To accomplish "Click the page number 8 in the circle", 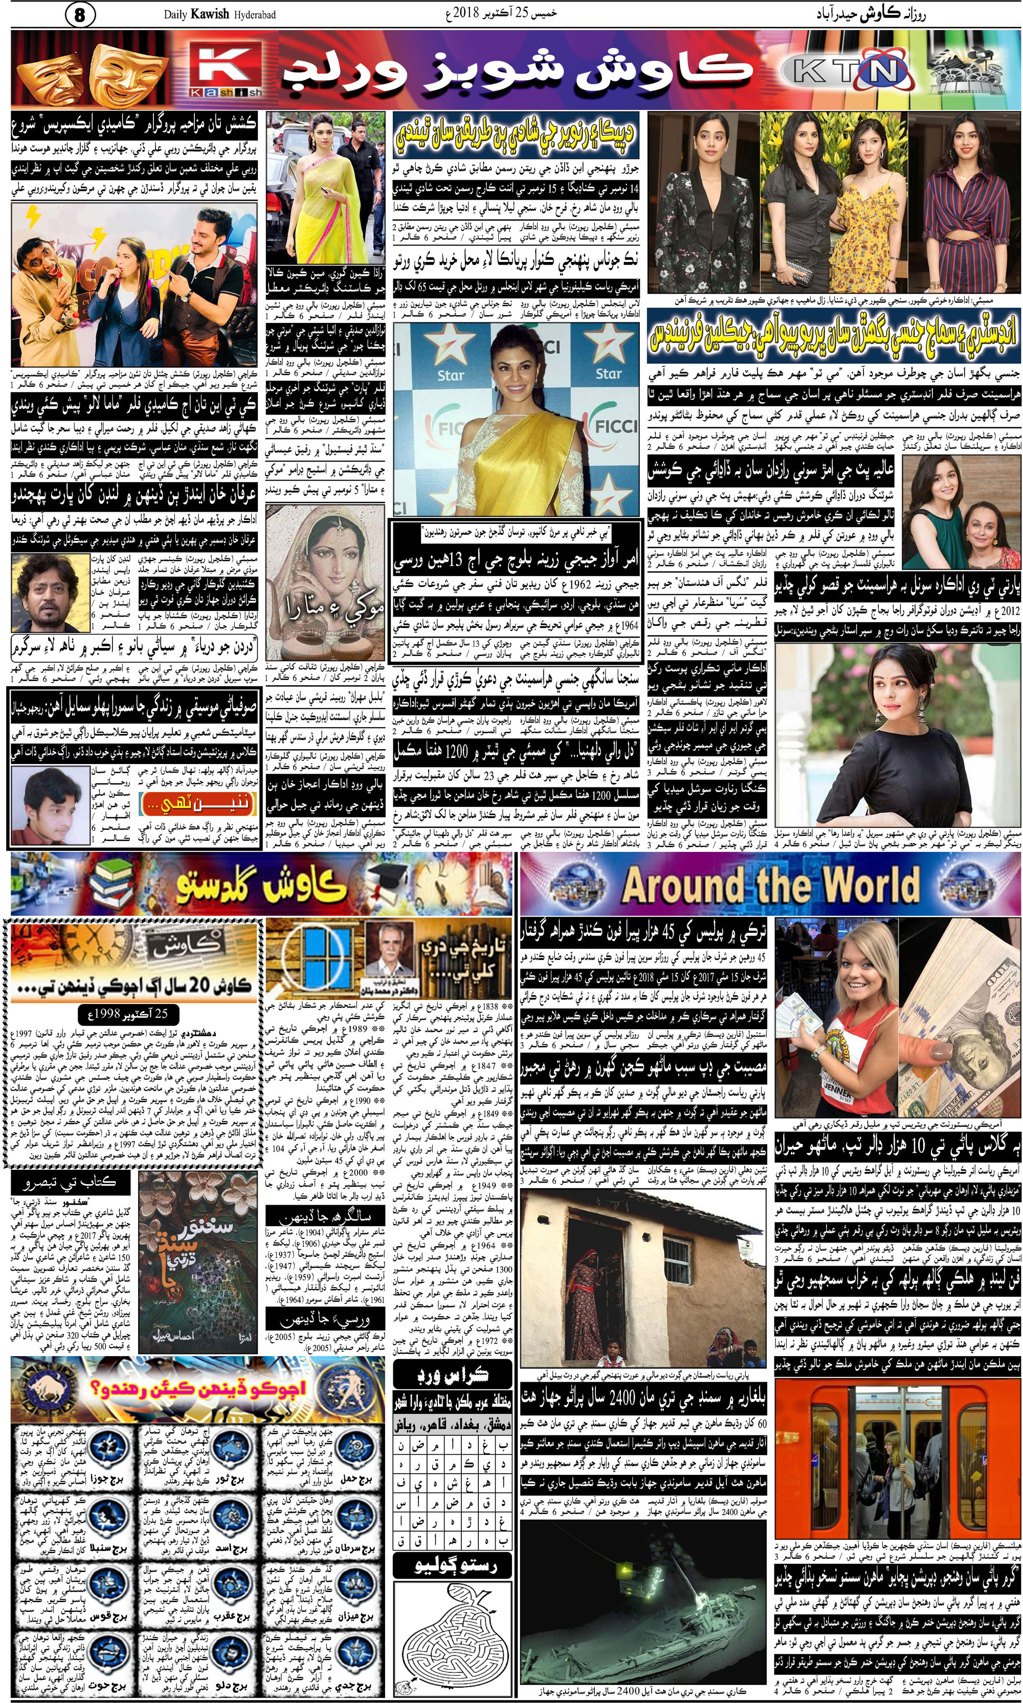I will click(x=79, y=14).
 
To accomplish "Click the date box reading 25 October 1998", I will click(x=128, y=1014).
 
